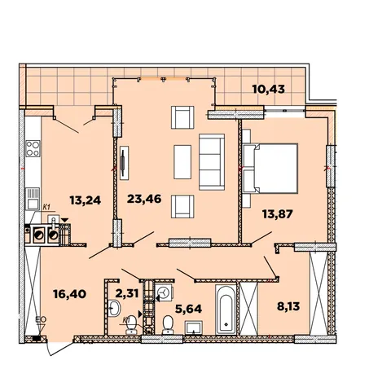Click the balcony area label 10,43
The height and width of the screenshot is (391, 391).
click(x=269, y=89)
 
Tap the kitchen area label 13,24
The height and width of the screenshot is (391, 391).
click(x=86, y=200)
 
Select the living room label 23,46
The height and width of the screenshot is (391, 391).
click(x=144, y=199)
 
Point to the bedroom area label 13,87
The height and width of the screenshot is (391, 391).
click(x=278, y=214)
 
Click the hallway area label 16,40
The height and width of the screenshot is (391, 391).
click(x=70, y=294)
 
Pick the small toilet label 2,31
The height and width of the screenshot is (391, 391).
click(x=127, y=293)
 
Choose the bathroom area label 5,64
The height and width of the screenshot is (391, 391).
click(x=189, y=309)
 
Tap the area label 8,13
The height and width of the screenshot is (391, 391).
click(x=288, y=306)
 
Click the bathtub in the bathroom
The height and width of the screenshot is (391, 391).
click(x=226, y=310)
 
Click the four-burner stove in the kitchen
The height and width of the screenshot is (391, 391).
click(x=33, y=148)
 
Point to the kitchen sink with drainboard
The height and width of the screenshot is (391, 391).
click(x=33, y=199)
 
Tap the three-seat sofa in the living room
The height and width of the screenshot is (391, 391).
click(x=212, y=162)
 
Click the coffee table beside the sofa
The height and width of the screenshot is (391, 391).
click(x=182, y=162)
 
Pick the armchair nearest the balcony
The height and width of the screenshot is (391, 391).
click(x=182, y=117)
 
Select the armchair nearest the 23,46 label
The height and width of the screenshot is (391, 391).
click(x=182, y=207)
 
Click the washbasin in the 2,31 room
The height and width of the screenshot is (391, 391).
click(x=114, y=308)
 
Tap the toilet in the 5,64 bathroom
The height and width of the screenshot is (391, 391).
click(x=168, y=325)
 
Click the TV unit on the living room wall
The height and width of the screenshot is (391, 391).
click(x=124, y=163)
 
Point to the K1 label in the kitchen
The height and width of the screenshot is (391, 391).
click(x=46, y=207)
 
